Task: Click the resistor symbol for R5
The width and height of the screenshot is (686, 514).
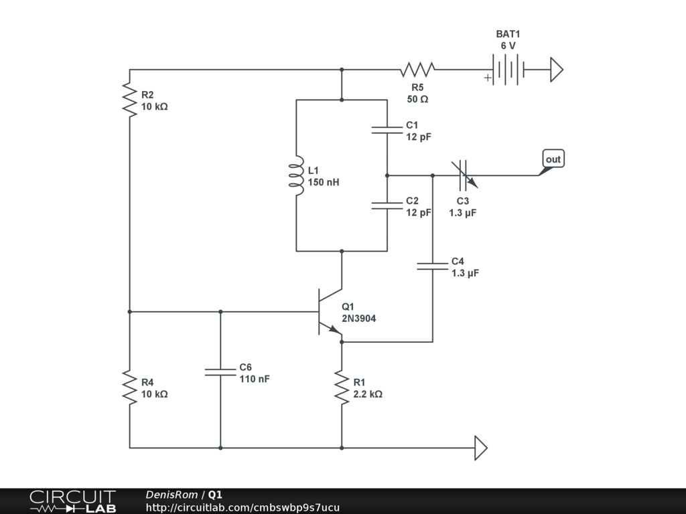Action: pyautogui.click(x=417, y=70)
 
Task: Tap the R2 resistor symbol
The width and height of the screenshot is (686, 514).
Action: pyautogui.click(x=129, y=100)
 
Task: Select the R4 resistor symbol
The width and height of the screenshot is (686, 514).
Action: pyautogui.click(x=129, y=388)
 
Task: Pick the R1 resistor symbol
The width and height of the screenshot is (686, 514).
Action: pyautogui.click(x=342, y=388)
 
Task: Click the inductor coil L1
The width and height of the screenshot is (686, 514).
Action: pyautogui.click(x=296, y=175)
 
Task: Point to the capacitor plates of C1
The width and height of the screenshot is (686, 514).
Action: pyautogui.click(x=387, y=130)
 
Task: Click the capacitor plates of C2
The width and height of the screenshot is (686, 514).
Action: pyautogui.click(x=387, y=205)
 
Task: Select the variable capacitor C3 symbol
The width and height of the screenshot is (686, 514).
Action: pyautogui.click(x=464, y=175)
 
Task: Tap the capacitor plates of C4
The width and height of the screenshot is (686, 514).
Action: pyautogui.click(x=433, y=266)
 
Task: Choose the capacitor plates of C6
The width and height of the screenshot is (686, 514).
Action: pyautogui.click(x=220, y=372)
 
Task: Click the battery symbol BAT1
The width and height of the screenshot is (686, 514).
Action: pyautogui.click(x=508, y=70)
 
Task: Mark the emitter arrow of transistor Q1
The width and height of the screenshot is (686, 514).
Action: pyautogui.click(x=335, y=329)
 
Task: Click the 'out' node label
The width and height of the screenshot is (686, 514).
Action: pyautogui.click(x=553, y=159)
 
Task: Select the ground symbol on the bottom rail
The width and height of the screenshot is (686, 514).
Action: pyautogui.click(x=481, y=448)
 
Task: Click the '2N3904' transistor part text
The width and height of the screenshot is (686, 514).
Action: pyautogui.click(x=359, y=319)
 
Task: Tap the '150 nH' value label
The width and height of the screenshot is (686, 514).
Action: pyautogui.click(x=324, y=182)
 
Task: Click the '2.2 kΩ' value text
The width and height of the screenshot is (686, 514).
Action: pyautogui.click(x=368, y=394)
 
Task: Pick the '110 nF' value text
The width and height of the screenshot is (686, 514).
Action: pyautogui.click(x=255, y=379)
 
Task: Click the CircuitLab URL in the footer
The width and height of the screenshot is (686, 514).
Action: pyautogui.click(x=243, y=507)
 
